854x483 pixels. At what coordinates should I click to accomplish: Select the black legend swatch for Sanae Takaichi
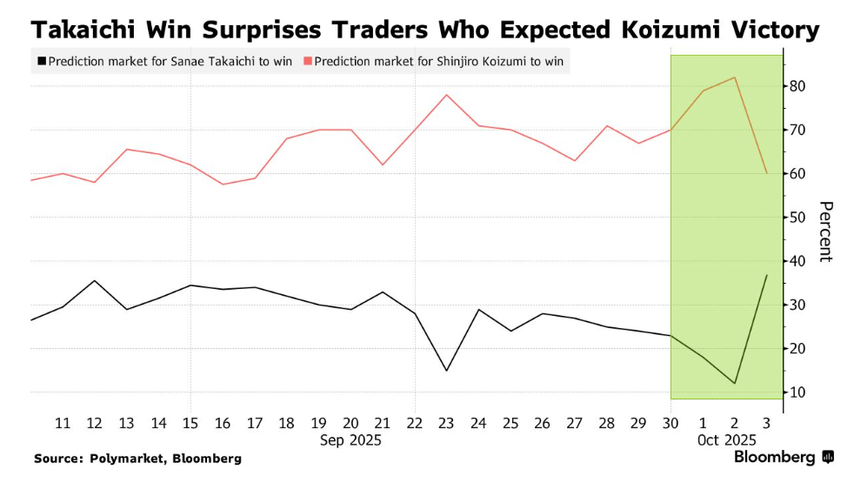pos(41,62)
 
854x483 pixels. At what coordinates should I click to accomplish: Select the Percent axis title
pos(825,231)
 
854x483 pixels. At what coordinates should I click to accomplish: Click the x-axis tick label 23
pos(446,423)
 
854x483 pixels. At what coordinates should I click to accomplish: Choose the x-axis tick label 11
pos(63,423)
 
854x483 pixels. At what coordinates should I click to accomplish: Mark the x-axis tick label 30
pos(671,423)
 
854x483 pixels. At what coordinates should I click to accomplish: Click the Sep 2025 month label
pos(350,440)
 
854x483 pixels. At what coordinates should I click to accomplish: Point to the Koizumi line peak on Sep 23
pos(446,95)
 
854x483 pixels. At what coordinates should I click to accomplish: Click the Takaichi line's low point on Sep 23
pos(446,371)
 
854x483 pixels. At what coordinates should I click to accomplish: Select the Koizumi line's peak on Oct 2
pos(736,77)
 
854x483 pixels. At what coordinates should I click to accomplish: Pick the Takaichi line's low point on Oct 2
pos(736,383)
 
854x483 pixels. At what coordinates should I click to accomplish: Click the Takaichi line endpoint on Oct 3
pos(767,275)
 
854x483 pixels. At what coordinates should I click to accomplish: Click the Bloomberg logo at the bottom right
pos(784,457)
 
